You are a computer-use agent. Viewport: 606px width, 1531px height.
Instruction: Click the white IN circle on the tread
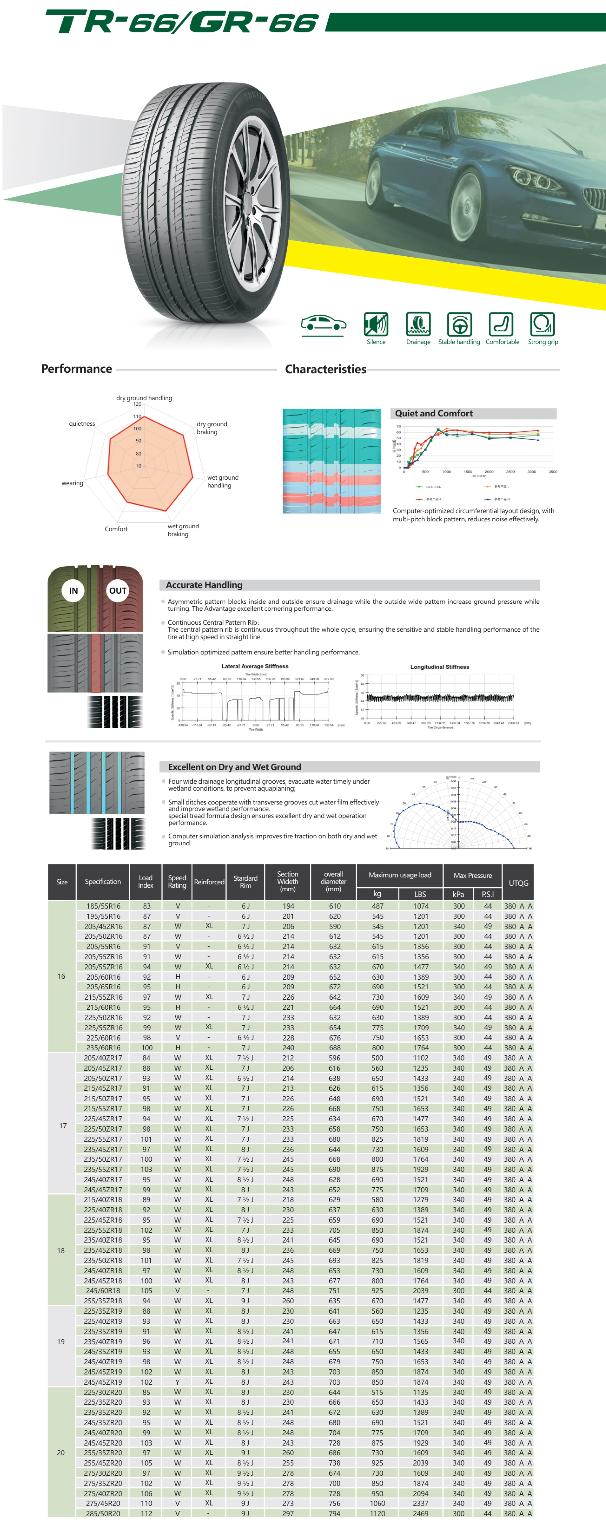(x=73, y=590)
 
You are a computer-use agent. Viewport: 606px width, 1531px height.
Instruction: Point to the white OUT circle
(x=118, y=590)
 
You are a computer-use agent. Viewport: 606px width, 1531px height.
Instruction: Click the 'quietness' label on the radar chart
(x=82, y=424)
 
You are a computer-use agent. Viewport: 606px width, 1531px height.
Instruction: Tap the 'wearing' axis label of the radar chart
(x=72, y=483)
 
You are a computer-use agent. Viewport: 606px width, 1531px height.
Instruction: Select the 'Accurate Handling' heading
(x=204, y=585)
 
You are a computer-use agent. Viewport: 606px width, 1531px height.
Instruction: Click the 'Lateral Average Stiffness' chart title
(x=254, y=666)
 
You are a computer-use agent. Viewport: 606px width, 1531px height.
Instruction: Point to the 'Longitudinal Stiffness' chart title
(x=439, y=667)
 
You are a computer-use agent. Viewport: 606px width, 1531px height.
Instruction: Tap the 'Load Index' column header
(x=146, y=881)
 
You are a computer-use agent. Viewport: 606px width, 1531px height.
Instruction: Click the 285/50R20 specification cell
(x=103, y=1513)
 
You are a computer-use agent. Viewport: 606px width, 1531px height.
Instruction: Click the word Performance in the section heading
(x=77, y=369)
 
